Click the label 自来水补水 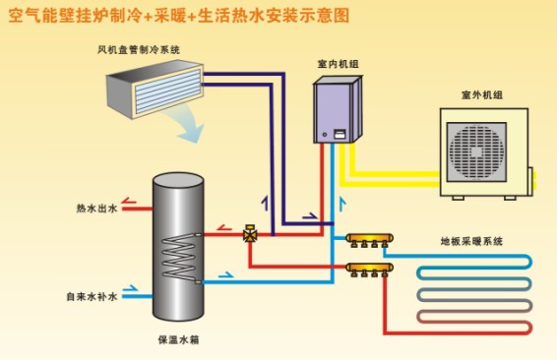click(93, 296)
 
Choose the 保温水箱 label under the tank click(178, 339)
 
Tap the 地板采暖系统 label click(470, 240)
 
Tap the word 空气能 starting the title click(28, 16)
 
